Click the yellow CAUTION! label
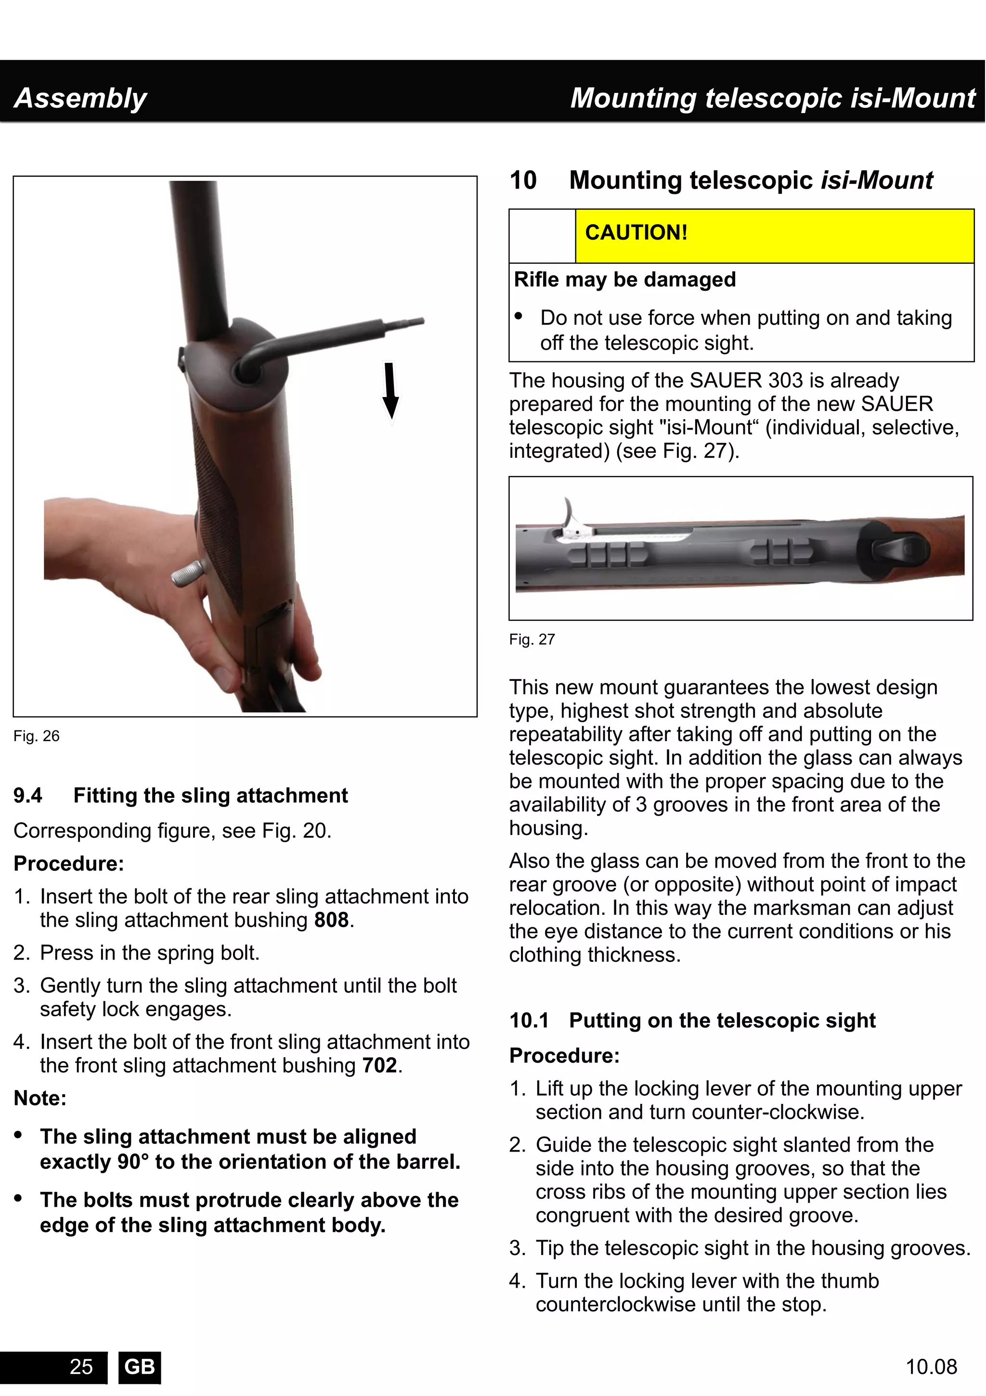click(636, 233)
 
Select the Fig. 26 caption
click(37, 736)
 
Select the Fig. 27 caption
click(532, 640)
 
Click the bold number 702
click(379, 1065)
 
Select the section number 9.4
click(28, 795)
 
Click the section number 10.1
click(529, 1020)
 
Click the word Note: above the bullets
click(40, 1098)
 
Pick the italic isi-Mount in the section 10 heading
click(877, 180)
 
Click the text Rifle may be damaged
click(625, 280)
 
